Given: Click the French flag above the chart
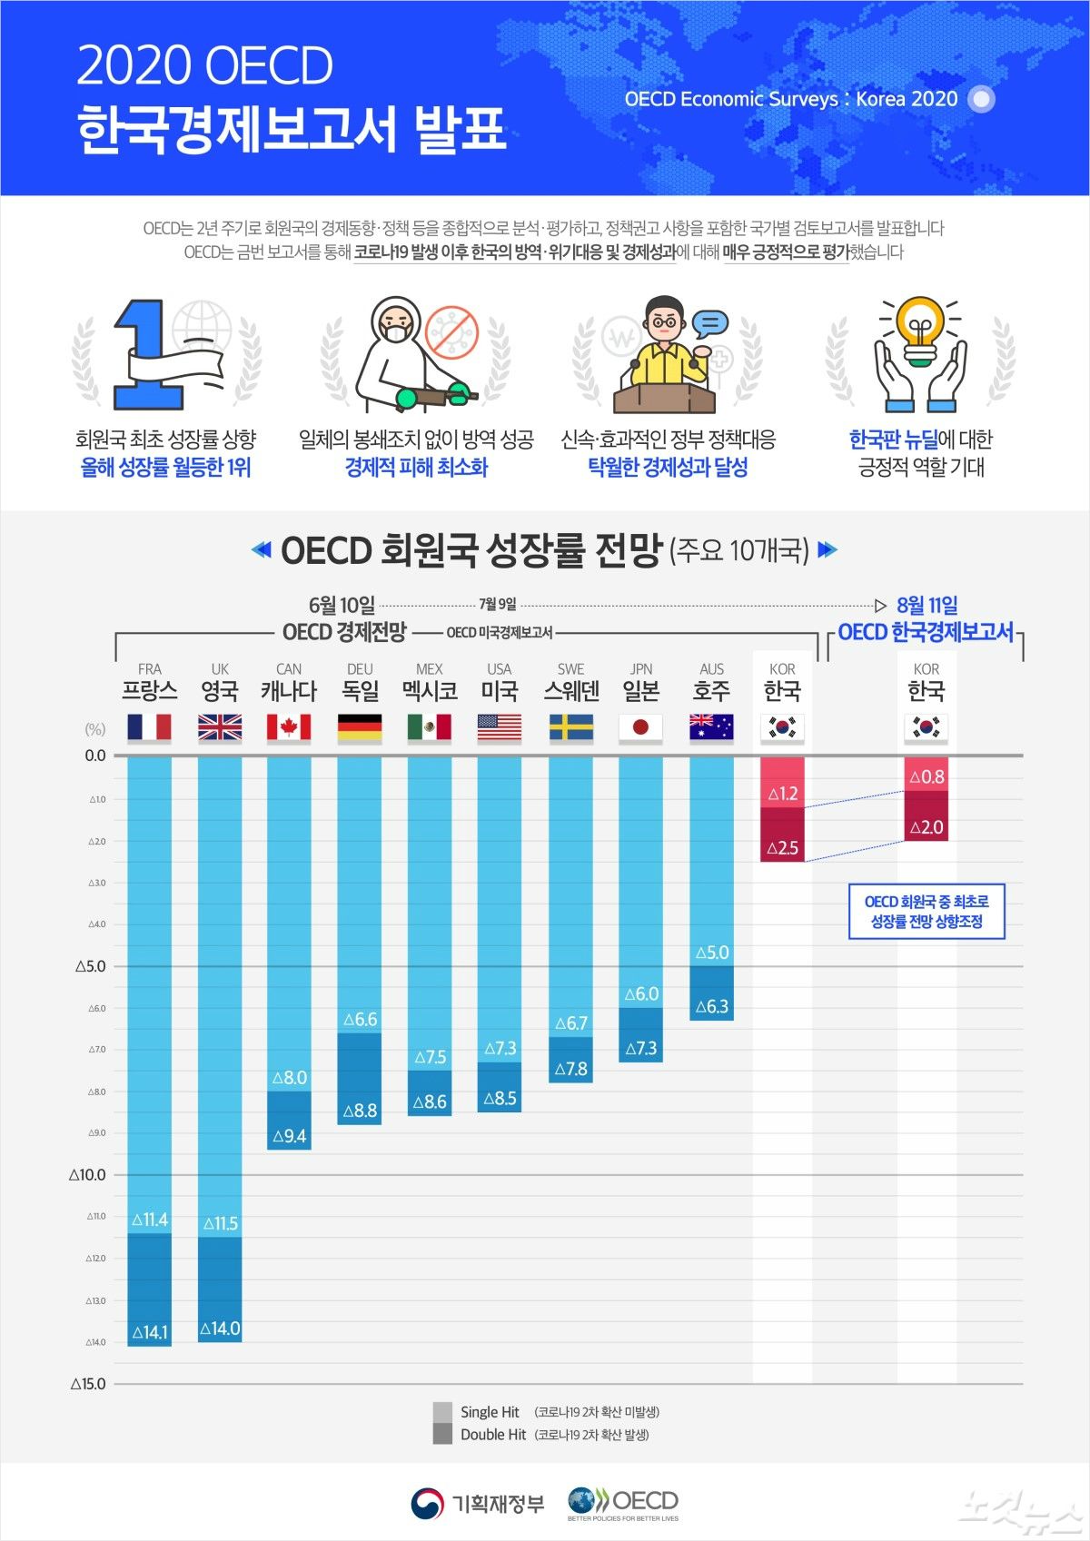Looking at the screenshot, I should pos(150,727).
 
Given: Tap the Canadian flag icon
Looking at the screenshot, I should pos(289,727).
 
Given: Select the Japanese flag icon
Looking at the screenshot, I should pos(640,727).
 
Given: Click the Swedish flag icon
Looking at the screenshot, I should pos(571,727).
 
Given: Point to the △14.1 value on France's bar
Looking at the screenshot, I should pos(150,1332).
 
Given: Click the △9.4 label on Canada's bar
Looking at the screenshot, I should pos(290,1136).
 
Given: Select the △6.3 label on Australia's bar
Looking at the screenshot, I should pos(712,1006).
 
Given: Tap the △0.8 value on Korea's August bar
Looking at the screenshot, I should pos(926,776).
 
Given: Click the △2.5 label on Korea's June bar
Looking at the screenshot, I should pos(782,848).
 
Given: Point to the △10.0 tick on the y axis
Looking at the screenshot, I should pos(87,1174).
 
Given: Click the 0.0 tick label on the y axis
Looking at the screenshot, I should pos(94,756).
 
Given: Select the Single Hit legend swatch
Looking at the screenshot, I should pos(442,1412).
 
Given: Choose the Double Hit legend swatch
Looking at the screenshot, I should pos(442,1435).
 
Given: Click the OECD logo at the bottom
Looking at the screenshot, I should pos(623,1503).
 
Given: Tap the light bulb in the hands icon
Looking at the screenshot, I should pos(920,331).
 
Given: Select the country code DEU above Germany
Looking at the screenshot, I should pos(360,669).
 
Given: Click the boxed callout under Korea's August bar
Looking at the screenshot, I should pos(926,912).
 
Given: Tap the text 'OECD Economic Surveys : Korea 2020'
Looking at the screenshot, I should pos(790,99).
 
